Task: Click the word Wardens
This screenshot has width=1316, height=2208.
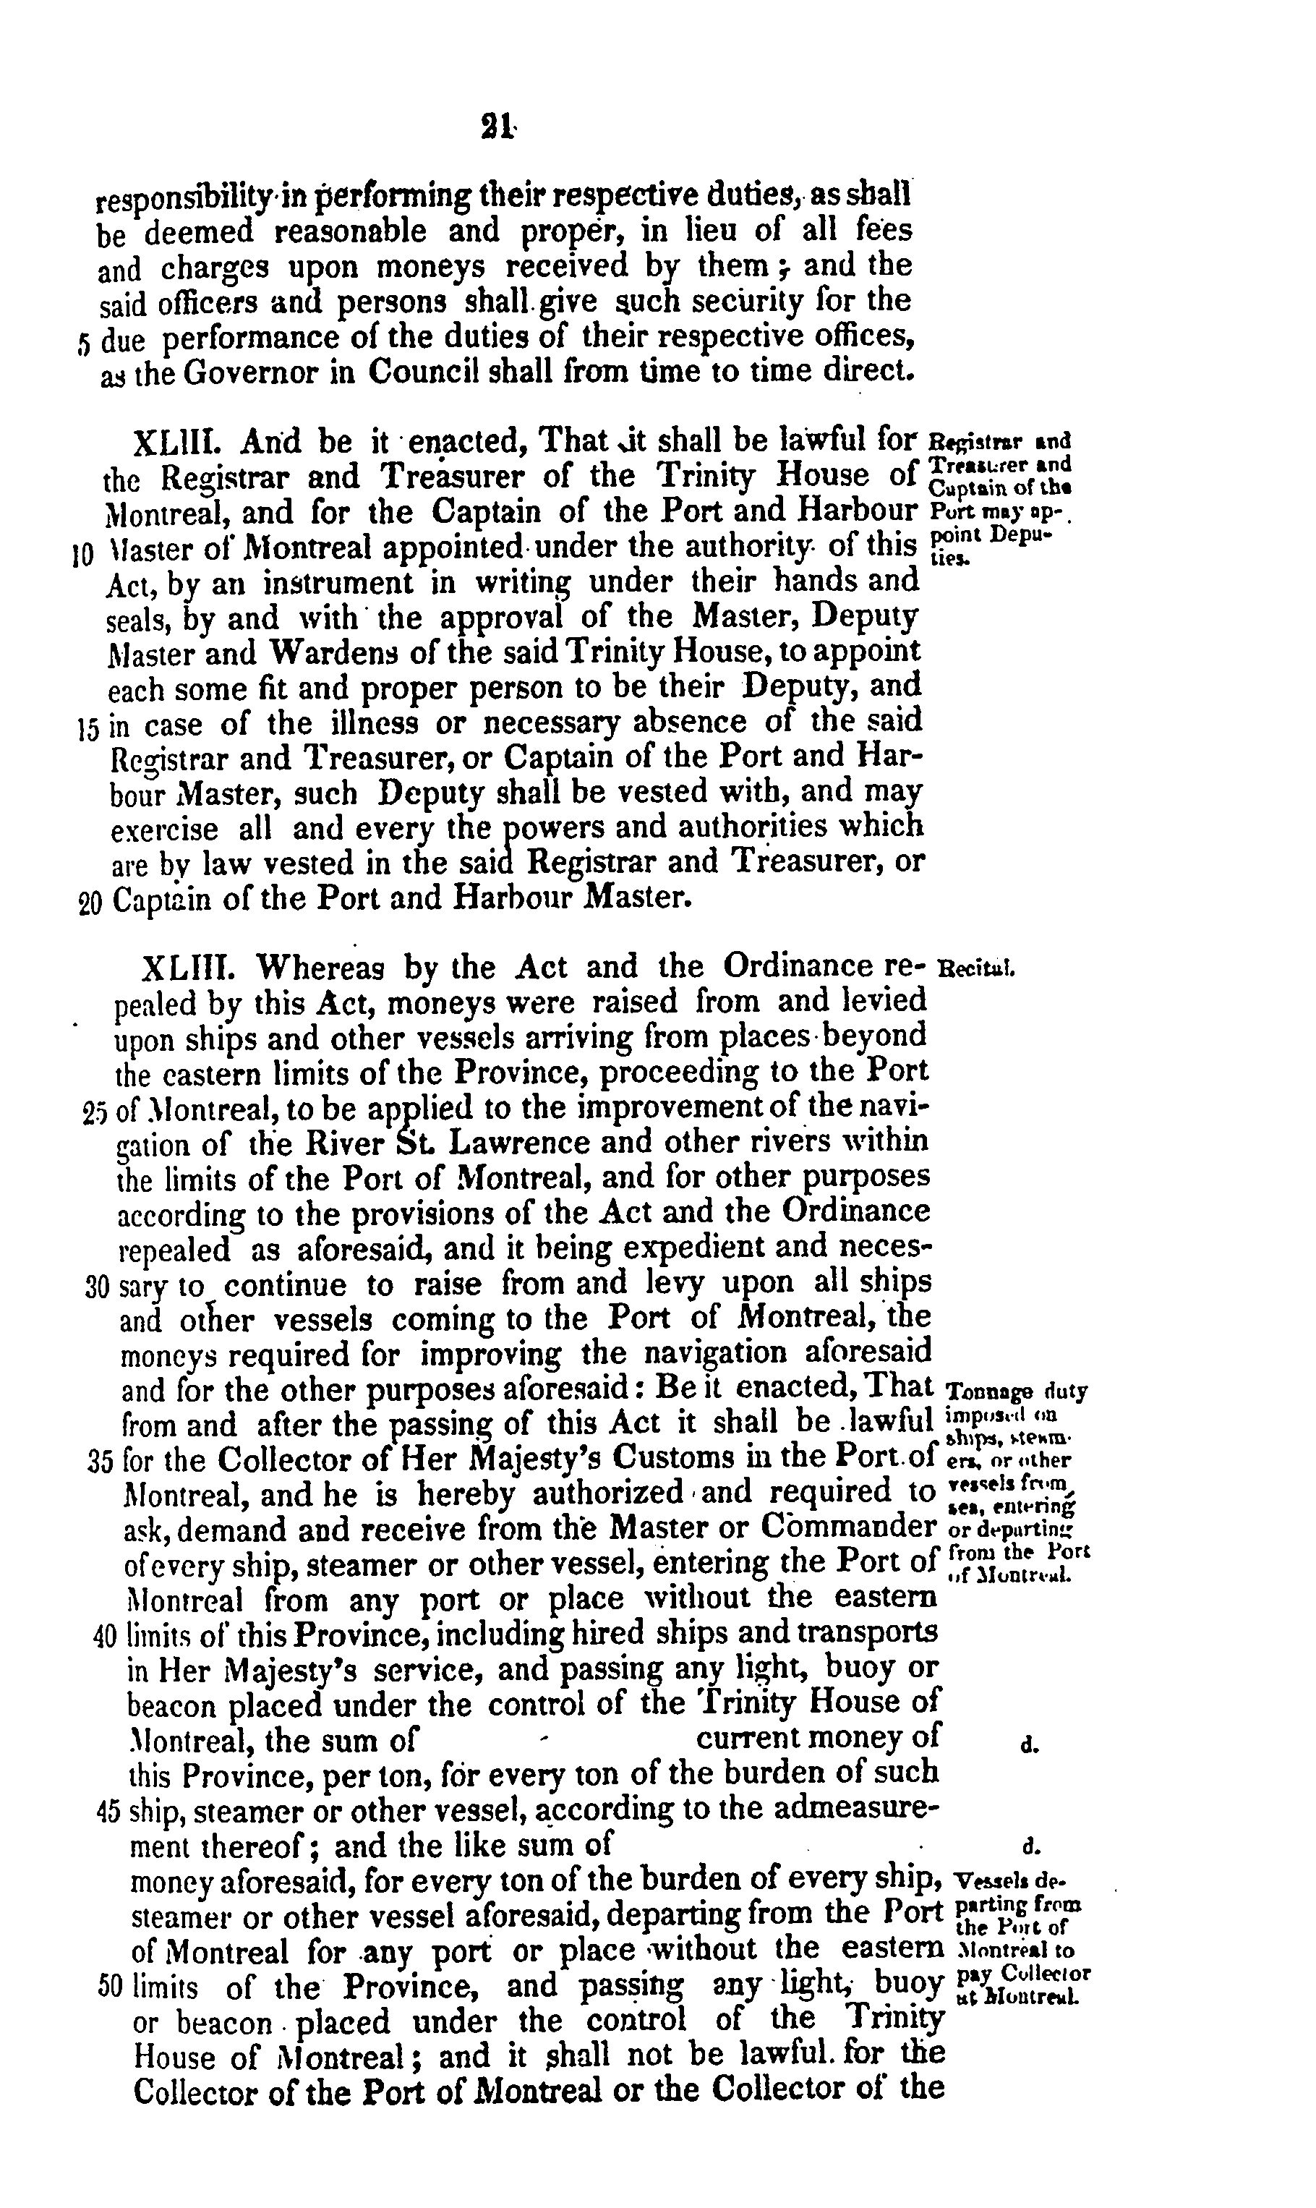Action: click(x=341, y=654)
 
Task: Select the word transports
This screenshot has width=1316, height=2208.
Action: click(x=868, y=1632)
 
